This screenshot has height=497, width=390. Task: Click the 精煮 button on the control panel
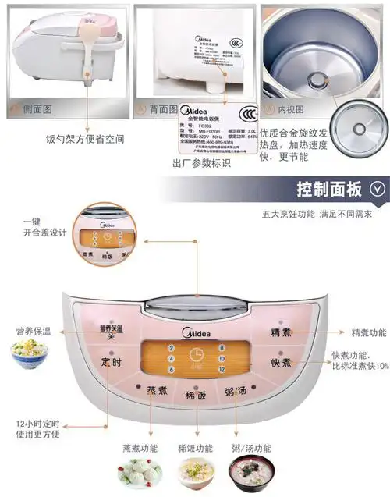(x=281, y=332)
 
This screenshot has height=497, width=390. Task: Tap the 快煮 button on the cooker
(x=281, y=363)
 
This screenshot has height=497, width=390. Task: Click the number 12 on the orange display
(x=222, y=369)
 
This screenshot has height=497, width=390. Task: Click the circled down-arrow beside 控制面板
(x=378, y=189)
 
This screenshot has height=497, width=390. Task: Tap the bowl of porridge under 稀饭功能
(x=195, y=470)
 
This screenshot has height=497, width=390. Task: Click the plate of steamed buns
(x=140, y=471)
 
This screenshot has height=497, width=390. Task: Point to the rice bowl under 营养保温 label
(x=30, y=355)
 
